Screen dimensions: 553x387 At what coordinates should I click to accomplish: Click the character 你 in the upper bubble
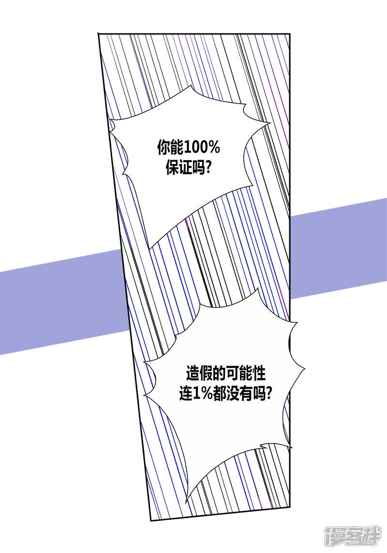click(162, 148)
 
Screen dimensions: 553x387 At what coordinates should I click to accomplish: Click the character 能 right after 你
click(175, 148)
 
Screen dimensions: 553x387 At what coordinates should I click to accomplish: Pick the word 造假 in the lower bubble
click(199, 374)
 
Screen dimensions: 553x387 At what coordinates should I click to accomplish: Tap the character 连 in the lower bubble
click(186, 394)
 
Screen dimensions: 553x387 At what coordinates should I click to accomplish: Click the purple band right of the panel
click(339, 247)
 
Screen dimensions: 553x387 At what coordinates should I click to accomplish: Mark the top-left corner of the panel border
click(99, 34)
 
